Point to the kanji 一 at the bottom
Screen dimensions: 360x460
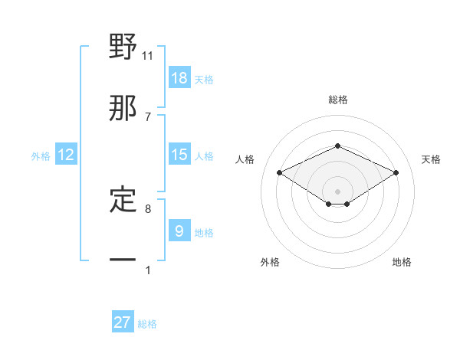(x=123, y=260)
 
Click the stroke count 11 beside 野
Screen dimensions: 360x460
(x=148, y=55)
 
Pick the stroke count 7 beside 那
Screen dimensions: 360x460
(x=148, y=116)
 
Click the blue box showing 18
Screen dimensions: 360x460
(x=179, y=78)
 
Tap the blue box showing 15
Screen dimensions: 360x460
(x=179, y=155)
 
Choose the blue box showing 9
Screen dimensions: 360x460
(x=179, y=231)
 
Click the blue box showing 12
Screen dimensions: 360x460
(x=66, y=155)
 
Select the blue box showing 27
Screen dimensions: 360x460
(x=123, y=322)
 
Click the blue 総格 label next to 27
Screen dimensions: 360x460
(x=147, y=324)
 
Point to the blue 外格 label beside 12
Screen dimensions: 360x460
(x=41, y=156)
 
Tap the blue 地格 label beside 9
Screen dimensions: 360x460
(x=204, y=233)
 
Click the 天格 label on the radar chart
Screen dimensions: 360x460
(x=431, y=159)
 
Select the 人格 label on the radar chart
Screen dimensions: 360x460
(x=245, y=159)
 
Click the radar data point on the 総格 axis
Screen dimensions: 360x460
(x=337, y=146)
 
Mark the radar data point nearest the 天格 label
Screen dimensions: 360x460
(x=396, y=173)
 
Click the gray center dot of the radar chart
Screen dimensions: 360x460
(x=337, y=191)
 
